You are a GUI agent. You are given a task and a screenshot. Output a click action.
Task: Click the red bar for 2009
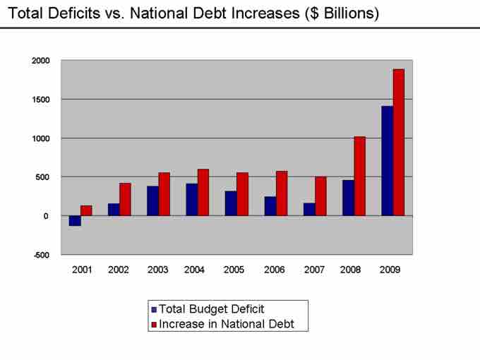[398, 142]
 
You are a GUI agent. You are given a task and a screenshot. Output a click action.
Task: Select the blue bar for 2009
[387, 161]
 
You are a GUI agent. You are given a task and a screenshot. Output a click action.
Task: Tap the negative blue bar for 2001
[75, 220]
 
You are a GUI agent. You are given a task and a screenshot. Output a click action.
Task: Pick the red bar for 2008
[359, 176]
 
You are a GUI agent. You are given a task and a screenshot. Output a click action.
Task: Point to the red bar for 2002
[125, 199]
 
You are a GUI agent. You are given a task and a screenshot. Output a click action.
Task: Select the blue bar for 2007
[309, 209]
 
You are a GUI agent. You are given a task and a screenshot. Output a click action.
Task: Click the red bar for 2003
[164, 194]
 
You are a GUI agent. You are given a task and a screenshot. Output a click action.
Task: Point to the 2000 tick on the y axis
[40, 61]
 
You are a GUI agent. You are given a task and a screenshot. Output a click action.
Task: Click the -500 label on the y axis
[41, 255]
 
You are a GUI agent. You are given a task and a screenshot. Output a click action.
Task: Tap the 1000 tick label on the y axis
[40, 138]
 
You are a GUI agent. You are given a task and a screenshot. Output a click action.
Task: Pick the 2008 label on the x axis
[350, 270]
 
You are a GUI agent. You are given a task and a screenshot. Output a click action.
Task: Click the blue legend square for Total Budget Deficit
[154, 309]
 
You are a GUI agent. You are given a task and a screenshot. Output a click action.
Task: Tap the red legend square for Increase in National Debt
[154, 325]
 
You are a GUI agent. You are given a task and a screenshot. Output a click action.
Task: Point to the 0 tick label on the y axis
[45, 216]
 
